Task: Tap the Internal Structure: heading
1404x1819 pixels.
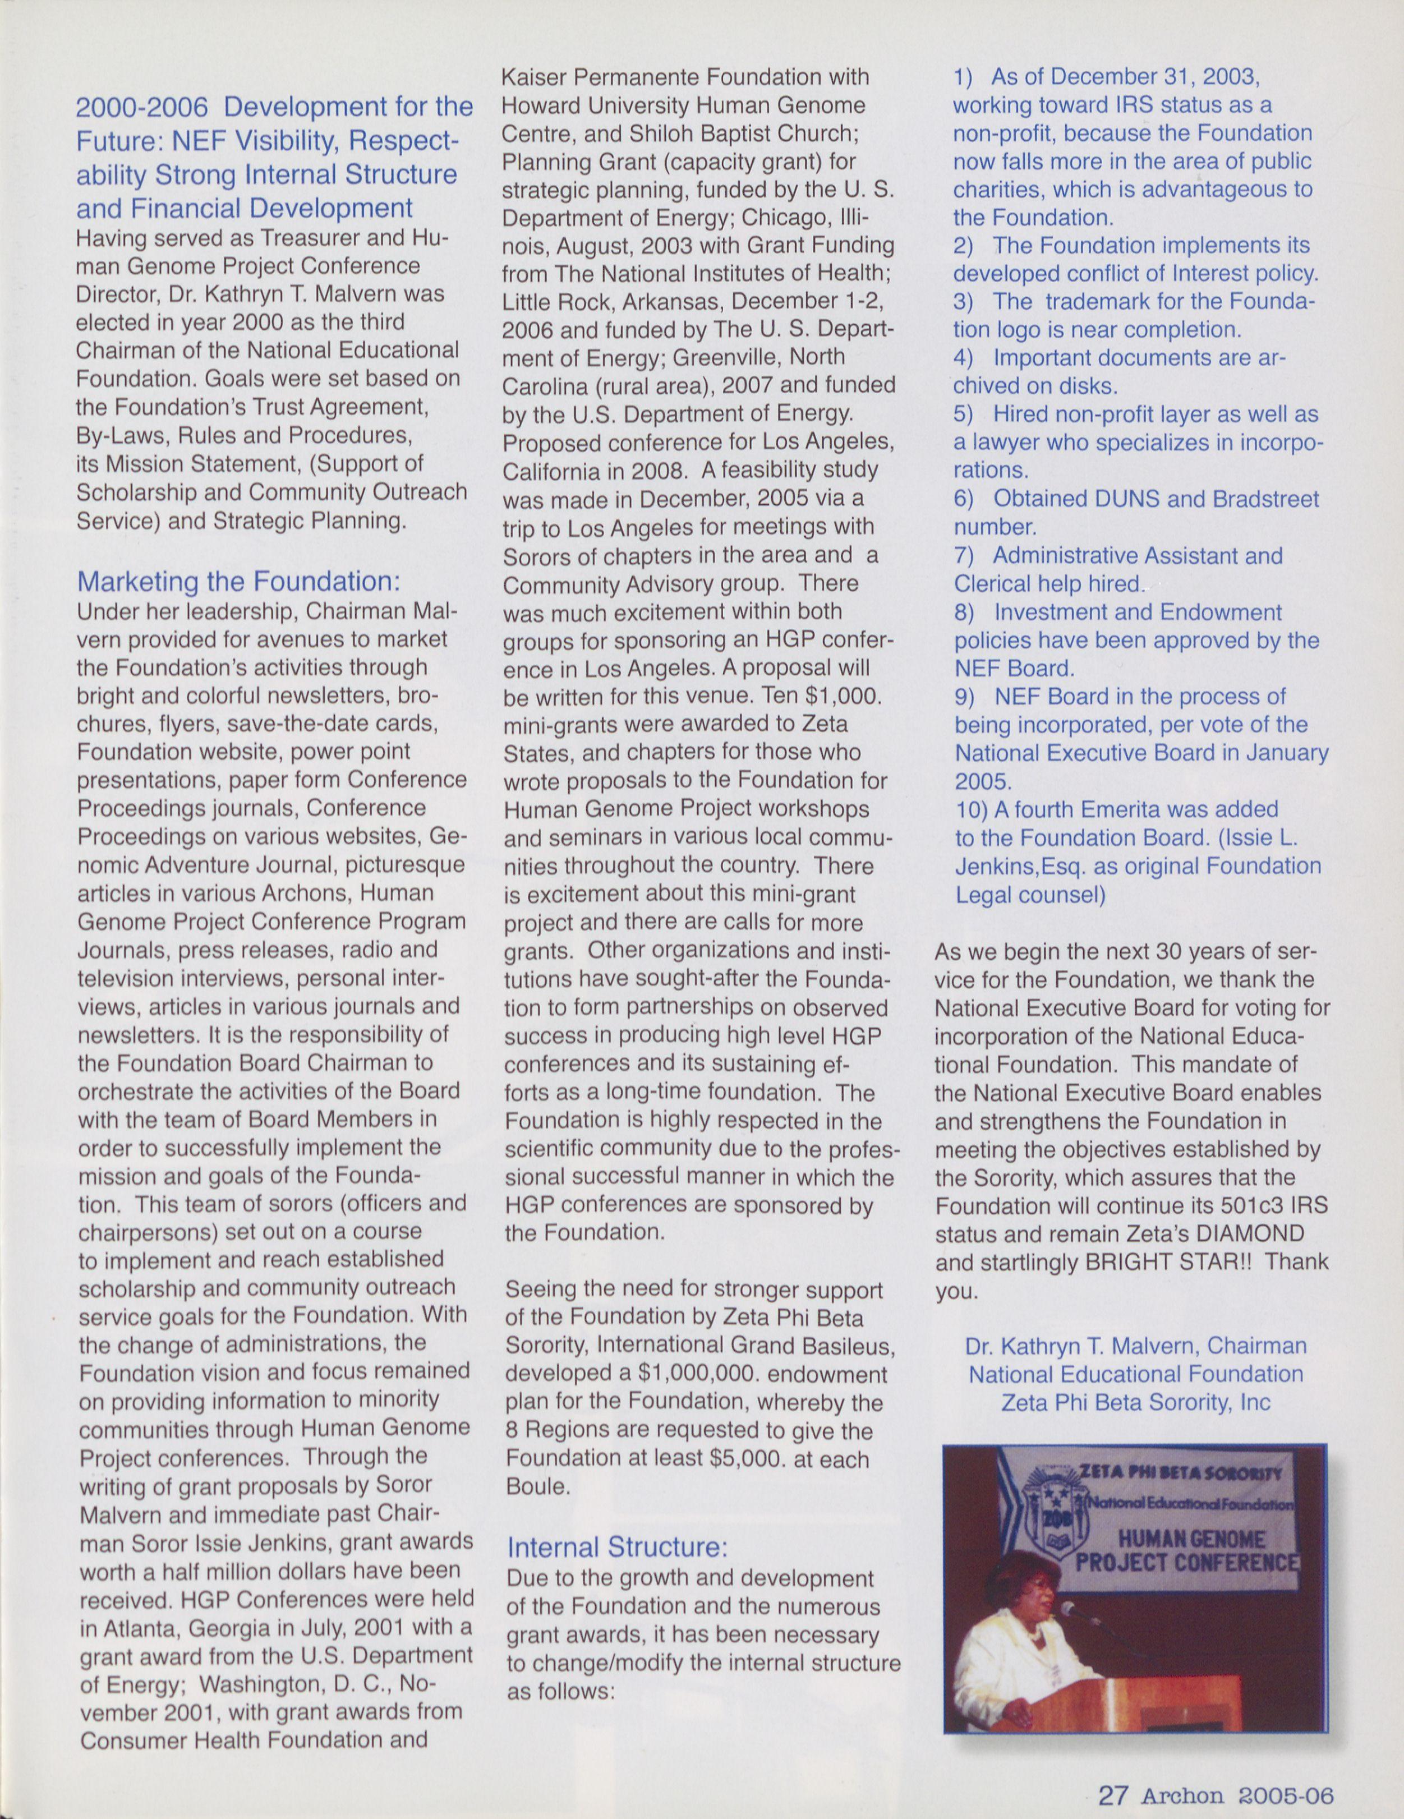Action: pyautogui.click(x=617, y=1548)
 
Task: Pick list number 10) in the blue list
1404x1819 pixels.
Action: pyautogui.click(x=971, y=809)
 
